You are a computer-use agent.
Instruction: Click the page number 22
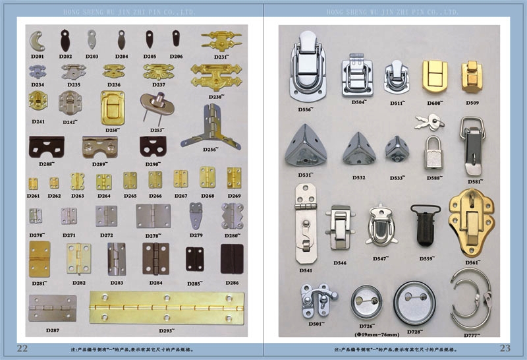[22, 348]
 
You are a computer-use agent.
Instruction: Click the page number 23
[505, 348]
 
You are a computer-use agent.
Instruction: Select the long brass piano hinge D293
[167, 307]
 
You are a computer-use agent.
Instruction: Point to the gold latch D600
[434, 78]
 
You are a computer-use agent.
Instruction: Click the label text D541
[306, 270]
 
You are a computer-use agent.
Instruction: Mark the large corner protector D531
[306, 150]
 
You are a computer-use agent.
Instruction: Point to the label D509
[472, 103]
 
